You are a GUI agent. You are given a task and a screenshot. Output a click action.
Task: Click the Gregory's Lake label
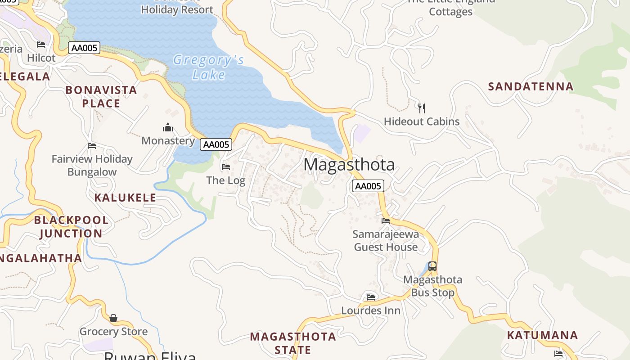click(208, 67)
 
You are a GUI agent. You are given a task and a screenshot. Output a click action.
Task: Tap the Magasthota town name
click(349, 165)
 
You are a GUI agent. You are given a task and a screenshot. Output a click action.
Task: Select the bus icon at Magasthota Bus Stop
click(432, 266)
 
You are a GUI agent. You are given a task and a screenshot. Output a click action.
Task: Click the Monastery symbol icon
click(168, 128)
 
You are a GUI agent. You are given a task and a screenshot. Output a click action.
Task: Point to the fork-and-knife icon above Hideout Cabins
click(421, 108)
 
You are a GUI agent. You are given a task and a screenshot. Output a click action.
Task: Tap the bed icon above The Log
click(226, 167)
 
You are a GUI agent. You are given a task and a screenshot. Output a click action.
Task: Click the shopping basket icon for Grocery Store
click(113, 318)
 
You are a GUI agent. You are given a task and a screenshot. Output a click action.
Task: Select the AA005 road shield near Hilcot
click(84, 48)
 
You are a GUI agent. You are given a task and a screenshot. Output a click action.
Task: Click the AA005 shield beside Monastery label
click(216, 144)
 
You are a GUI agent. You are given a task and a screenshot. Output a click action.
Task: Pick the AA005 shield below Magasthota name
click(368, 186)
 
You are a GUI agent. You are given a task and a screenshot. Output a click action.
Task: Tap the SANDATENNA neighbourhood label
click(531, 86)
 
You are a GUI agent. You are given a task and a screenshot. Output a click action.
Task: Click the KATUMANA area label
click(542, 335)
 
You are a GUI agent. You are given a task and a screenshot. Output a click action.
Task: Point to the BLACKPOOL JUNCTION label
click(71, 227)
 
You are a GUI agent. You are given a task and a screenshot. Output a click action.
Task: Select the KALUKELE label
click(125, 198)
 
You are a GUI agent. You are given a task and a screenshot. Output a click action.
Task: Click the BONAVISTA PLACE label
click(101, 97)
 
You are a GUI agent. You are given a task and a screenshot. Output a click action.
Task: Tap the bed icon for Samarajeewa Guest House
click(386, 220)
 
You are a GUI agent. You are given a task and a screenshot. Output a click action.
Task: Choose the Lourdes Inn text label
click(371, 310)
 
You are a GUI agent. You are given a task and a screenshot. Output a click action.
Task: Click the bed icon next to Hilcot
click(41, 44)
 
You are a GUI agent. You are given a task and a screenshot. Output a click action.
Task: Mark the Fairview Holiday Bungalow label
click(92, 165)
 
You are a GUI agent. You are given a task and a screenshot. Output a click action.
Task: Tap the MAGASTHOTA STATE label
click(293, 343)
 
